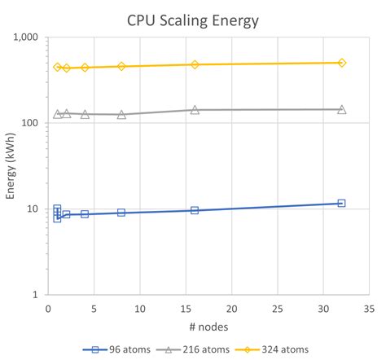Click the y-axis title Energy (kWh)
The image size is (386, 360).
[x=11, y=166]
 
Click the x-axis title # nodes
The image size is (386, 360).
[x=208, y=326]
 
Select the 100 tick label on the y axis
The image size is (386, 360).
[x=31, y=123]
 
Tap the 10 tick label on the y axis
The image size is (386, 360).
[x=33, y=209]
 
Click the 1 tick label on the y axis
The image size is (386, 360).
[x=36, y=294]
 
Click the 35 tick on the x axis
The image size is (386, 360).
[x=369, y=309]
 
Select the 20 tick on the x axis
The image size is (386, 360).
[x=232, y=309]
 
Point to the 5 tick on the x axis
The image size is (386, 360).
[x=94, y=309]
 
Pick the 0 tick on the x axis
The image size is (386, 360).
[x=48, y=309]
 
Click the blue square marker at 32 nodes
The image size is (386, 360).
[x=341, y=203]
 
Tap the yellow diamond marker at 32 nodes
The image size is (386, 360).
[x=341, y=63]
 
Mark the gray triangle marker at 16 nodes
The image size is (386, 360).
[x=195, y=109]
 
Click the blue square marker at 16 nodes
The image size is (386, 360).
[x=195, y=210]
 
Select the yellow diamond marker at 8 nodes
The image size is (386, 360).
[x=121, y=66]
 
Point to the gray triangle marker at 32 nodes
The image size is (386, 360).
[x=341, y=109]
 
